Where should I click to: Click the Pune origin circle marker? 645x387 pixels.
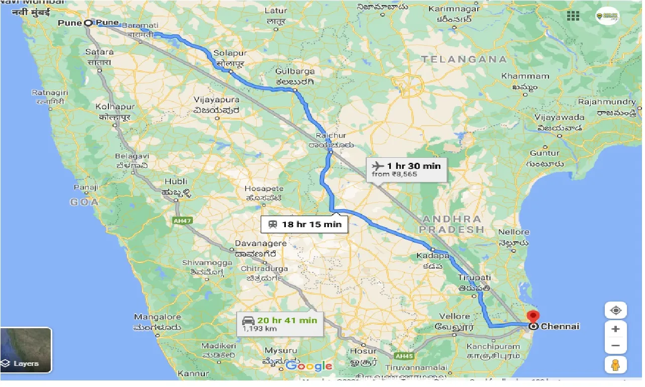pos(88,23)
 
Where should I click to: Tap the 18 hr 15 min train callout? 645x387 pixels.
pos(304,224)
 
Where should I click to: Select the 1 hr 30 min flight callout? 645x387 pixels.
pos(406,169)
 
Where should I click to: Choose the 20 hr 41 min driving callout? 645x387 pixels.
pos(280,324)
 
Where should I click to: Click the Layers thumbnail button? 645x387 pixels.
pos(26,350)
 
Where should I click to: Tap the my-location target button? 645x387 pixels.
pos(616,311)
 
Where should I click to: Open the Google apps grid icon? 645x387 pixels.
pos(573,16)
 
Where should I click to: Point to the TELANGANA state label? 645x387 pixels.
pos(464,59)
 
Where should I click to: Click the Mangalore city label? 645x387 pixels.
pos(157,317)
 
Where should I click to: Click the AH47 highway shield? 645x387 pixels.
pos(183,221)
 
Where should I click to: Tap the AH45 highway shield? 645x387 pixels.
pos(403,356)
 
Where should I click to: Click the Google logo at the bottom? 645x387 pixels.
pos(309,366)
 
